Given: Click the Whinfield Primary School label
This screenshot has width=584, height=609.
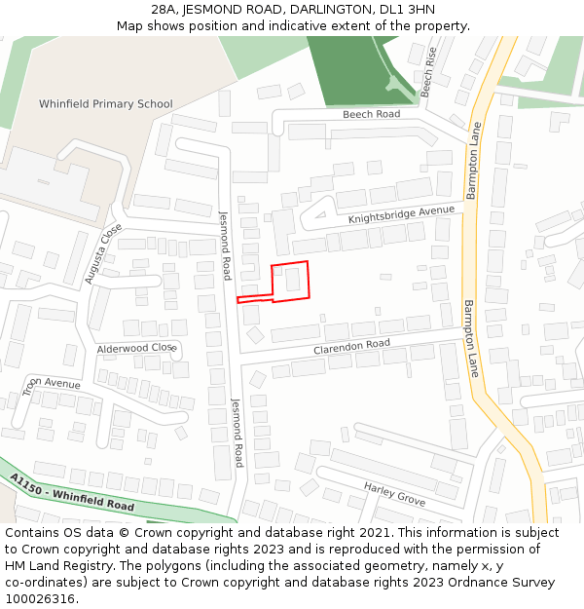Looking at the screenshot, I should click(105, 104).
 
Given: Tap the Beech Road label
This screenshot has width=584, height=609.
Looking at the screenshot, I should click(371, 114).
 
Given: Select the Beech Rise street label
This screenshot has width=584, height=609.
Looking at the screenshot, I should click(429, 71).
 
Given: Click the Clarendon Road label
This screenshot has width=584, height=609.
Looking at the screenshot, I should click(351, 346).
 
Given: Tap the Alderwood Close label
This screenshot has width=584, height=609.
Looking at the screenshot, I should click(135, 348).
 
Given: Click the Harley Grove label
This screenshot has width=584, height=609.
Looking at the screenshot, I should click(394, 493).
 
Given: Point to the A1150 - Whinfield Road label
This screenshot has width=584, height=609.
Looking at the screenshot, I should click(73, 493).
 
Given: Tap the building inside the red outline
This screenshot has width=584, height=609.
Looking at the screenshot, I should click(292, 281).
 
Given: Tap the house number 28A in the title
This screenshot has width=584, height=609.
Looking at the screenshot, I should click(164, 10).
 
